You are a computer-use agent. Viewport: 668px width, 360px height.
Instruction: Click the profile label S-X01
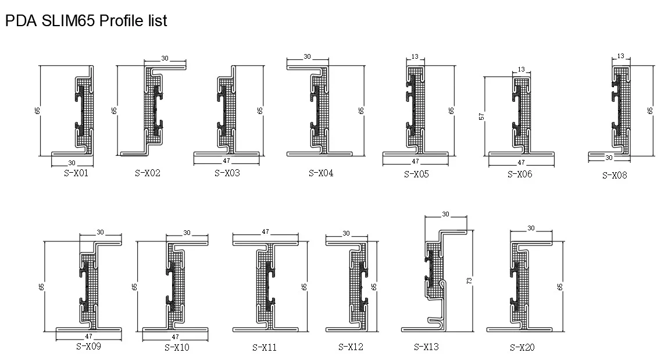coord(76,173)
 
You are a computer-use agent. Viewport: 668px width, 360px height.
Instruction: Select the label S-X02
coord(148,173)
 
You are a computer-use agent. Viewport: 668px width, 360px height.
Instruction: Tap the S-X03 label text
coord(227,173)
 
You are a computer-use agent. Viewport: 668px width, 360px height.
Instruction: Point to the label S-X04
coord(321,173)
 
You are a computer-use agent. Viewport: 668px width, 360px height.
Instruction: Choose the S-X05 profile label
coord(416,174)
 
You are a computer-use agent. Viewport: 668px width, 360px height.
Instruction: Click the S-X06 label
coord(520,174)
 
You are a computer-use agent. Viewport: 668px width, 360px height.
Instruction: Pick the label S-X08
coord(615,175)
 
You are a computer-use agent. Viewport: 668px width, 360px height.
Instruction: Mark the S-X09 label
coord(88,347)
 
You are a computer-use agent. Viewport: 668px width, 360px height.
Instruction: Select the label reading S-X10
coord(177,348)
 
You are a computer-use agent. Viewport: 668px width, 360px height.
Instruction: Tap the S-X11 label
coord(264,348)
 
